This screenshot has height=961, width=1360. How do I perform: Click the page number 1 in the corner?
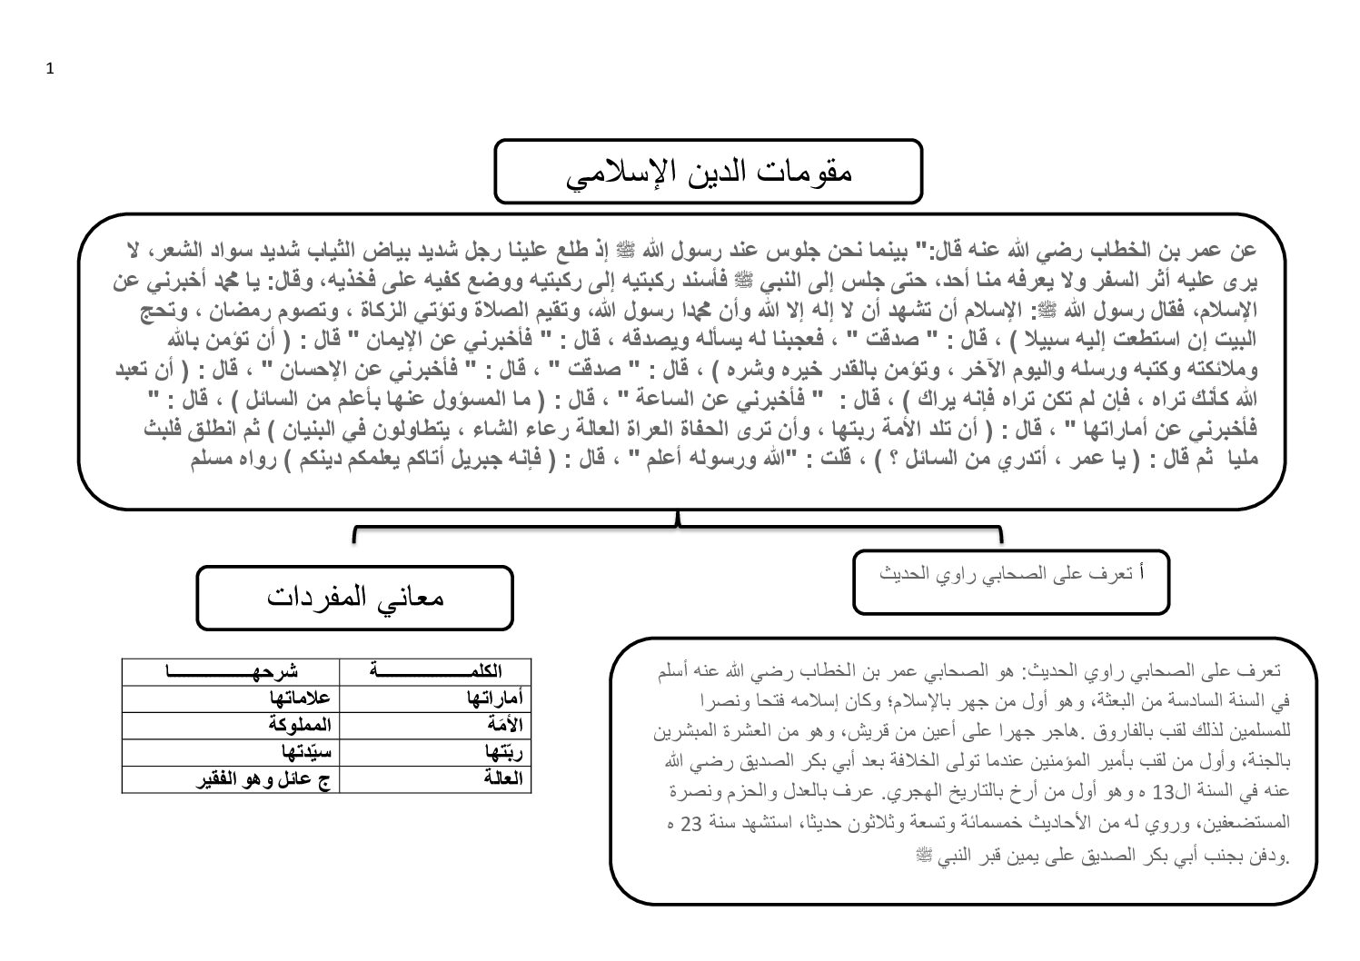click(x=50, y=70)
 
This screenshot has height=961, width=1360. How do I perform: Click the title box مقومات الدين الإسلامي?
click(x=708, y=172)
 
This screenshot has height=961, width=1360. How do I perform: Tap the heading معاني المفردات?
click(x=355, y=597)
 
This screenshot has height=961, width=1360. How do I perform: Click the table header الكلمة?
click(x=435, y=671)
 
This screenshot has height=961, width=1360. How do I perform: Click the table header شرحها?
click(x=231, y=671)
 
